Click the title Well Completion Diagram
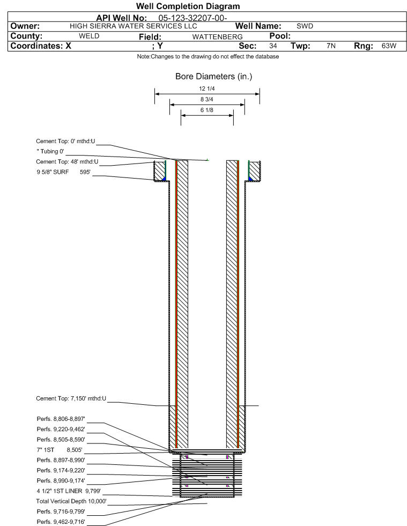click(188, 6)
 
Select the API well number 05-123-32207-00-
click(193, 17)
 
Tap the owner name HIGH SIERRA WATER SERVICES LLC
click(134, 26)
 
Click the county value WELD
click(89, 36)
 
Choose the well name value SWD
click(305, 26)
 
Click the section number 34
click(273, 46)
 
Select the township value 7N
click(331, 46)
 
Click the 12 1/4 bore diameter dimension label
click(206, 89)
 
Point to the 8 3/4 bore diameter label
click(206, 99)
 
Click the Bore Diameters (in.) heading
click(213, 77)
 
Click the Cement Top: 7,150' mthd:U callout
click(71, 398)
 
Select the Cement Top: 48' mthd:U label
click(67, 161)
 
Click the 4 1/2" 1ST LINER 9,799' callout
click(68, 490)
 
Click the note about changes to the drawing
click(208, 57)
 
